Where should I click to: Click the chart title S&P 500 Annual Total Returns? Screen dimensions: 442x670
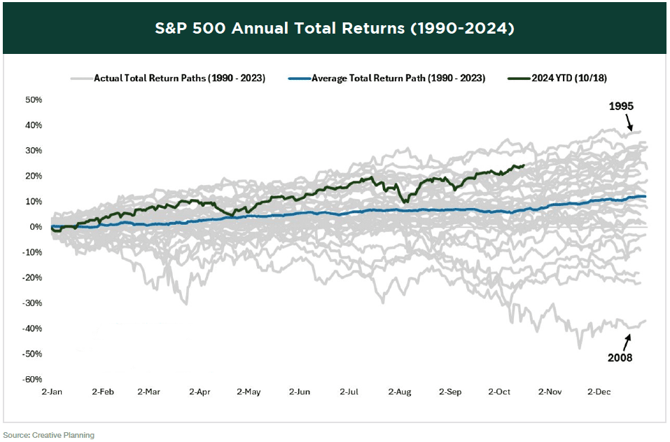point(335,29)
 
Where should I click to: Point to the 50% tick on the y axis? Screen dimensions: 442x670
point(33,99)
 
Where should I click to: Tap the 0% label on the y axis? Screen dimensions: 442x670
point(35,227)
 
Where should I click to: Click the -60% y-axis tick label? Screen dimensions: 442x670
point(32,380)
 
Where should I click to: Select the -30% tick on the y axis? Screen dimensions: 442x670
point(32,303)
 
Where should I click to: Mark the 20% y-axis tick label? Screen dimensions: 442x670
point(33,176)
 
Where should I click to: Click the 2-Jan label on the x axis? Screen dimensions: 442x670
point(52,392)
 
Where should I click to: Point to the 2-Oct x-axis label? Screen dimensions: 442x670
point(500,392)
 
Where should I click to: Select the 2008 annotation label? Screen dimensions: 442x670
point(620,357)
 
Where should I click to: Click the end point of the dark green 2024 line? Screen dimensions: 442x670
point(524,165)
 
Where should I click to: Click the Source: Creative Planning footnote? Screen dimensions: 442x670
point(49,435)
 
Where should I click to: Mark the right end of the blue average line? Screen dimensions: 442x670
point(644,197)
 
